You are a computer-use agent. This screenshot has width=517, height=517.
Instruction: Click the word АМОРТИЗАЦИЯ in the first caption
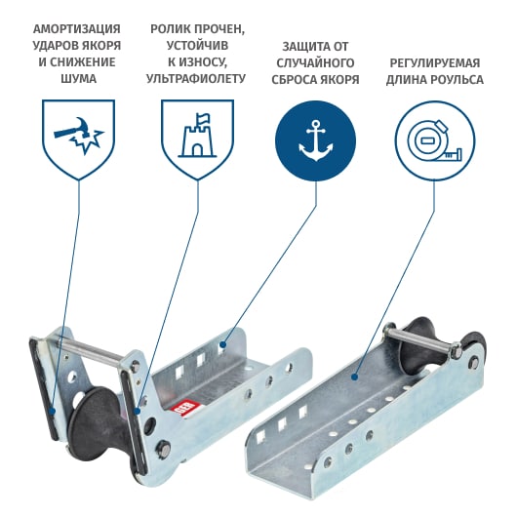click(x=76, y=29)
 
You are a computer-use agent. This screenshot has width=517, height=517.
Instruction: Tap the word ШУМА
click(x=78, y=79)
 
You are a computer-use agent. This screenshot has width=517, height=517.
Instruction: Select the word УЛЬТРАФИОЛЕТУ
click(x=196, y=79)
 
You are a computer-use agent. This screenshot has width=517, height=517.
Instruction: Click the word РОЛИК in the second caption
click(x=170, y=29)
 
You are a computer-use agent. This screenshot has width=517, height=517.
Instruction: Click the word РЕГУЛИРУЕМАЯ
click(x=435, y=63)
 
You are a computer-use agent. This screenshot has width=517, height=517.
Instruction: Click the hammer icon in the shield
click(x=79, y=136)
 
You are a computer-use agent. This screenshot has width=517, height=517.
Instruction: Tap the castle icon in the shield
click(x=197, y=135)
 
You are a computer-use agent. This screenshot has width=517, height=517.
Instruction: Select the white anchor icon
click(x=315, y=140)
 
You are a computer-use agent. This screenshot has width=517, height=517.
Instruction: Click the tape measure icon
click(x=435, y=141)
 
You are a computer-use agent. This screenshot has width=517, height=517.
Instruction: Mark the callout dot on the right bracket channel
click(x=354, y=377)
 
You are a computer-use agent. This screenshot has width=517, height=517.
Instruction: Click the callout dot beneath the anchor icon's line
click(x=222, y=345)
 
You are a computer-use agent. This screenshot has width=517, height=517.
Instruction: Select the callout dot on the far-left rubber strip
click(x=52, y=411)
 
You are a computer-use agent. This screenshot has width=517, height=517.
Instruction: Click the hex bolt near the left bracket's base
click(x=164, y=448)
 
